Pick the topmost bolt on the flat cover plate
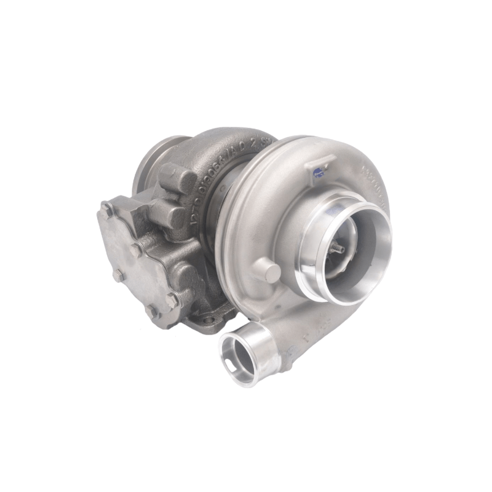[108, 207]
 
